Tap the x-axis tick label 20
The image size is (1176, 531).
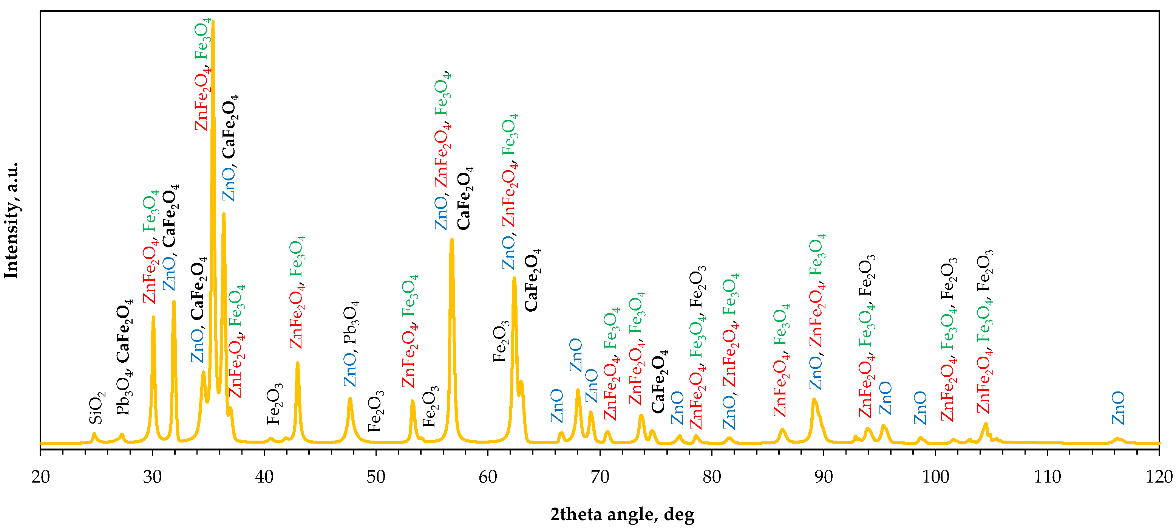[x=41, y=477]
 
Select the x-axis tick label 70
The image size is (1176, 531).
[x=600, y=477]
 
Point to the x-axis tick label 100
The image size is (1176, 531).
[x=935, y=477]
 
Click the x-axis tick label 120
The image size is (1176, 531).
[x=1159, y=477]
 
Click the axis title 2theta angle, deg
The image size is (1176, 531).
[x=622, y=514]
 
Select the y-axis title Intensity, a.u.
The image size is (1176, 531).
[x=11, y=220]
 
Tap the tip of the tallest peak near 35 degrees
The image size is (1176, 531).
[x=213, y=21]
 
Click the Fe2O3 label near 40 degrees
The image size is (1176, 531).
[x=274, y=404]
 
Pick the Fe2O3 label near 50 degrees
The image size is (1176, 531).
[x=376, y=411]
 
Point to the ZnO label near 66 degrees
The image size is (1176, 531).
[x=557, y=406]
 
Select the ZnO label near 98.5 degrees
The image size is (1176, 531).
[x=920, y=408]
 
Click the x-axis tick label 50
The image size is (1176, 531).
[x=376, y=477]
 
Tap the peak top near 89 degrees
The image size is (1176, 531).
[x=814, y=399]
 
